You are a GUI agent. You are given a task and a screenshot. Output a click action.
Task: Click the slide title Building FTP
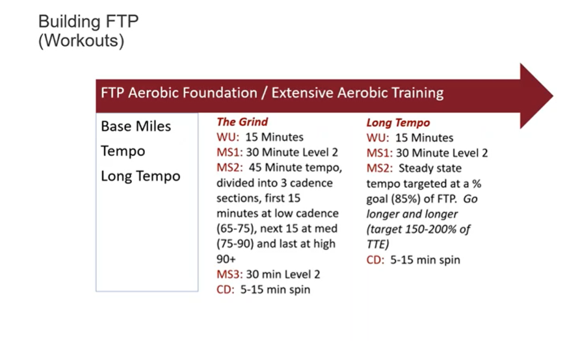coord(88,21)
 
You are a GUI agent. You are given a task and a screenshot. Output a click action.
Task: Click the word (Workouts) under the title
coord(81,40)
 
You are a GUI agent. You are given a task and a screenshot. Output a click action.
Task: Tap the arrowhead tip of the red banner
coord(553,96)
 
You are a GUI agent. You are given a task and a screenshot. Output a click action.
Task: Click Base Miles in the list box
coord(136,126)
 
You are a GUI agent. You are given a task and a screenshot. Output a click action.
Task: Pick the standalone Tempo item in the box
coord(123,151)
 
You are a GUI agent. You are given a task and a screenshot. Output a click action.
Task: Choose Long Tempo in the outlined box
coord(140,176)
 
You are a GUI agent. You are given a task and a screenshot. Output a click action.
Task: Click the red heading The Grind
coord(243,122)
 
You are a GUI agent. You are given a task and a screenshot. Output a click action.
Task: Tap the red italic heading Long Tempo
coord(398,123)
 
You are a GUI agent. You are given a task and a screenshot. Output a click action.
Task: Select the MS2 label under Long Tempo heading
coord(379,168)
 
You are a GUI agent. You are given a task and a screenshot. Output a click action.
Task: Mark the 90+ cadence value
coord(226,259)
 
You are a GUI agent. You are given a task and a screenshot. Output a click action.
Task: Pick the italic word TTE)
coord(378,245)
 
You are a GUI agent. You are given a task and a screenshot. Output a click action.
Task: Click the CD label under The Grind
coord(226,290)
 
